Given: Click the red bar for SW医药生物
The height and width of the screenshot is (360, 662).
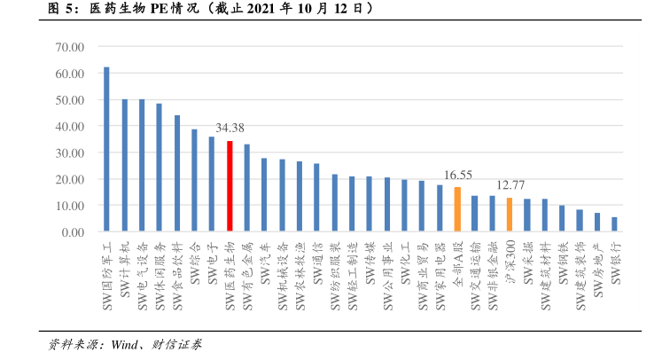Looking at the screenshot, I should pyautogui.click(x=230, y=186).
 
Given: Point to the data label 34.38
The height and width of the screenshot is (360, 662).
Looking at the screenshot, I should pyautogui.click(x=230, y=129).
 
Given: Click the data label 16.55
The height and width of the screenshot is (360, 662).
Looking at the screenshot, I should pyautogui.click(x=457, y=176).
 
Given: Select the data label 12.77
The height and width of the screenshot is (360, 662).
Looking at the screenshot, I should pyautogui.click(x=510, y=185).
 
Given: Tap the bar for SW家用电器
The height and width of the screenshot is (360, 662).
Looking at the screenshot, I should pyautogui.click(x=440, y=208).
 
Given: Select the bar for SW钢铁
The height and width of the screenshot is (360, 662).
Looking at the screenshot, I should pyautogui.click(x=562, y=219).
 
